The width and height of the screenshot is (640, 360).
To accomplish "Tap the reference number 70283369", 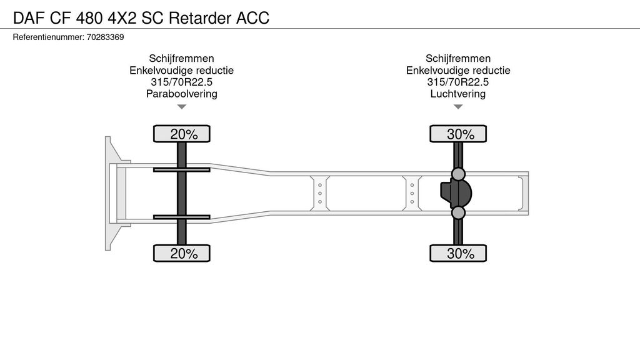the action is click(x=105, y=37).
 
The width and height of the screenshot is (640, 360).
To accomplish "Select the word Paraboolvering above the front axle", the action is click(x=182, y=94).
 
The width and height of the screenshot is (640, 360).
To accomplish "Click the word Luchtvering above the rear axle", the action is click(x=458, y=94).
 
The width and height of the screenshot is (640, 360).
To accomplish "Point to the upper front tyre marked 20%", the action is click(x=182, y=134).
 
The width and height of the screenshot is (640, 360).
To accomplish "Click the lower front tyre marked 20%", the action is click(x=182, y=254).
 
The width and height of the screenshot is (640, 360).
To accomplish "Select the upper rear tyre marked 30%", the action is click(x=458, y=134).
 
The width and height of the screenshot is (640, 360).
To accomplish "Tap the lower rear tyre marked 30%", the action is click(x=458, y=254).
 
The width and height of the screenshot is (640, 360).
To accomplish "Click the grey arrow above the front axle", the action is click(x=182, y=107).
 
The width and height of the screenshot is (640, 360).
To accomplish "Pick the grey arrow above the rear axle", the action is click(x=458, y=107).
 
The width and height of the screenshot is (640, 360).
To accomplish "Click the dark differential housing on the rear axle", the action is click(x=456, y=194).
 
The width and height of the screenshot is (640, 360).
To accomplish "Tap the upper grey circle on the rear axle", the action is click(x=458, y=174).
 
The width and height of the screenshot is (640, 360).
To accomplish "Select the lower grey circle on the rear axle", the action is click(x=458, y=212).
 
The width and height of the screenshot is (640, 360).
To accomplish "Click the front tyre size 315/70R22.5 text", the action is click(x=182, y=82).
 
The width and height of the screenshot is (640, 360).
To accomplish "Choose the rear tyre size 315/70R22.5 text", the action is click(x=458, y=82).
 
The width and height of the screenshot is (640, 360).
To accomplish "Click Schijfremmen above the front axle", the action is click(x=182, y=58).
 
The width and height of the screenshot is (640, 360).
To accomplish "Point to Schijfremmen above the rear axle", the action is click(x=458, y=58).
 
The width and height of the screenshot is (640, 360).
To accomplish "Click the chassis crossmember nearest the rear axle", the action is click(x=412, y=194).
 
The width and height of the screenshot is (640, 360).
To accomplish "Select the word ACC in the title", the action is click(x=253, y=18).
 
